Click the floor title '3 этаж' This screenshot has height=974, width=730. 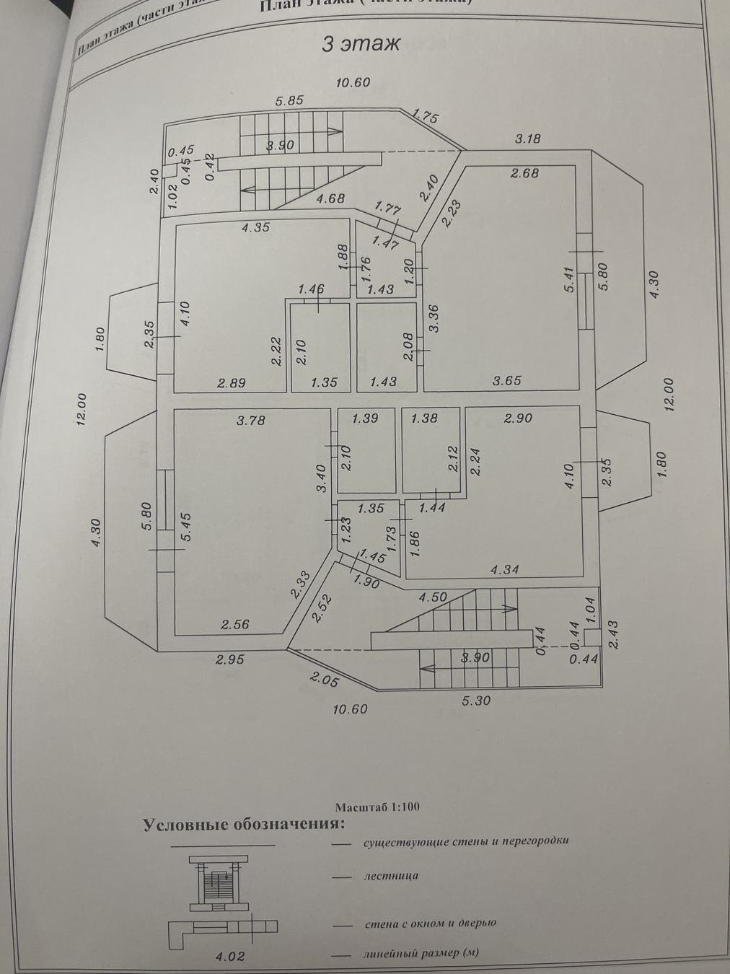point(360,44)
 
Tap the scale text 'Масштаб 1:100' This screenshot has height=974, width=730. point(377,807)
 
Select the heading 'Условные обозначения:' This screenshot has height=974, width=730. point(244,824)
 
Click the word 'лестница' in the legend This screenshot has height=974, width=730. point(391,876)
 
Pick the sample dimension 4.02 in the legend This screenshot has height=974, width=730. point(232,957)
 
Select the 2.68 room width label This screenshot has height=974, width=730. point(524,172)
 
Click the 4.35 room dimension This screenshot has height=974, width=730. point(255,227)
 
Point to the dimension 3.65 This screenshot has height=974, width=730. point(506,380)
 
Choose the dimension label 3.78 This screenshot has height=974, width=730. point(250,419)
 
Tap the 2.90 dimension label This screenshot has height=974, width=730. point(518,418)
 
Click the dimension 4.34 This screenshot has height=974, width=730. point(505,570)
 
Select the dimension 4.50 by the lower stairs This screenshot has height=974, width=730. point(433,597)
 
